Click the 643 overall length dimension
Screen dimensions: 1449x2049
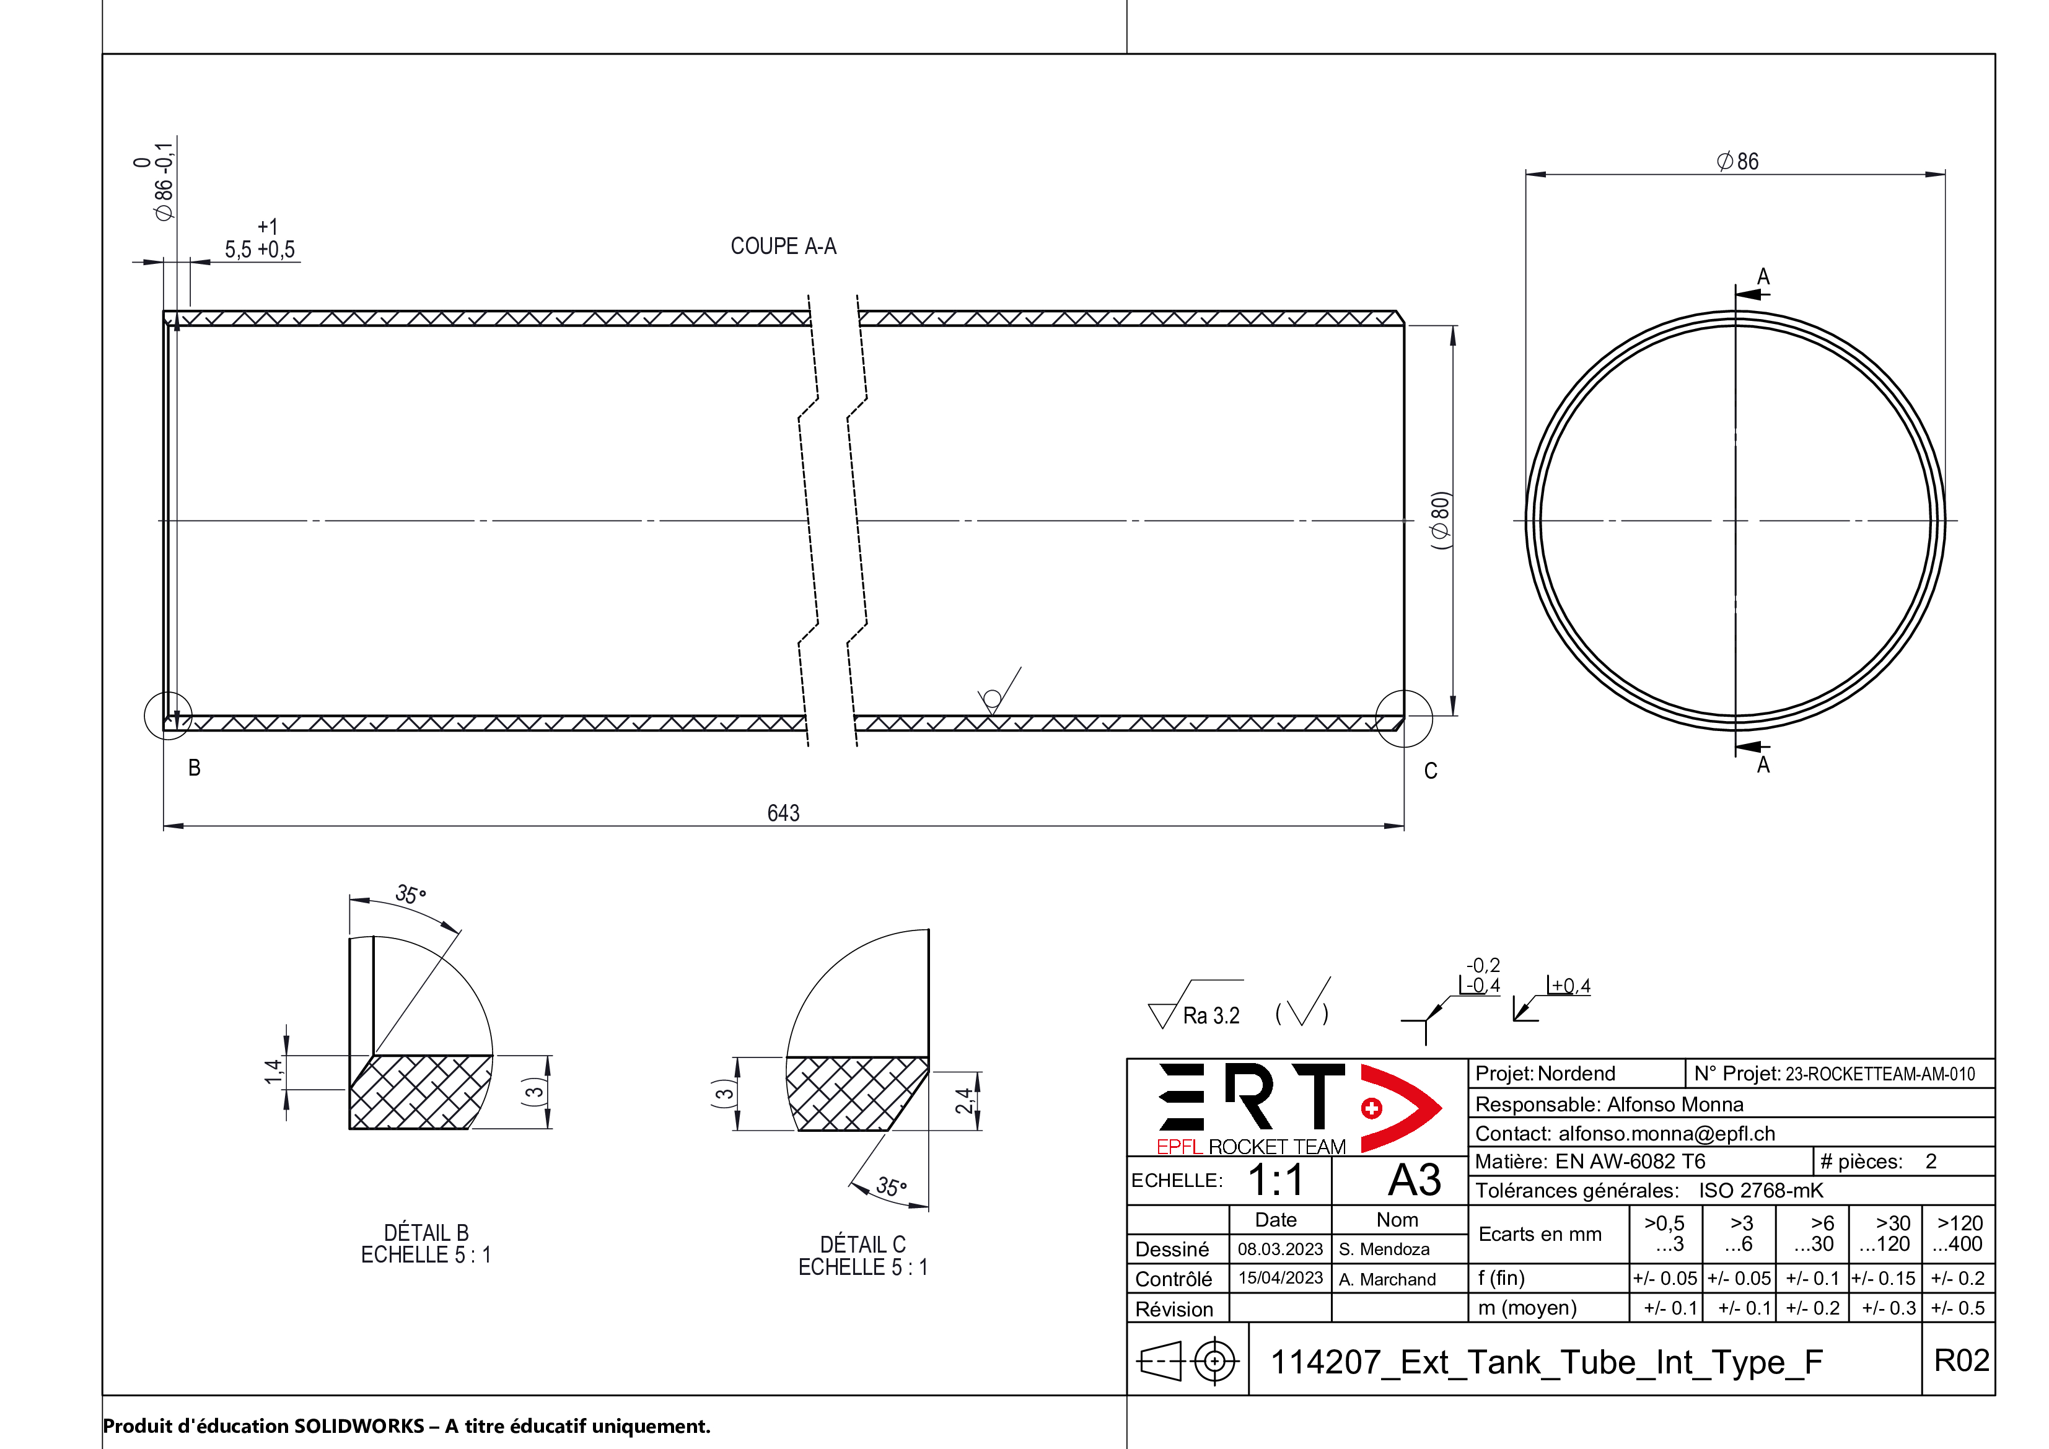click(783, 813)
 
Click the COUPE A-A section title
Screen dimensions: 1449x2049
click(783, 247)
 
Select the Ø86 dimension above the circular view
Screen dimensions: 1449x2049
click(1737, 162)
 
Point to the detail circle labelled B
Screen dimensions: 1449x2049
click(168, 716)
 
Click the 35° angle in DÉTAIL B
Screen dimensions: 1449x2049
click(411, 894)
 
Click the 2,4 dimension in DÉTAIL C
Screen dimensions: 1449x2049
click(964, 1101)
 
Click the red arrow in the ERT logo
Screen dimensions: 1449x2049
click(1401, 1107)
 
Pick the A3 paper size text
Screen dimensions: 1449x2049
click(1415, 1180)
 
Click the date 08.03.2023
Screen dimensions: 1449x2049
click(1279, 1249)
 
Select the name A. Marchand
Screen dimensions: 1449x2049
click(1387, 1279)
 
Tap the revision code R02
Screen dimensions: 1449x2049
click(1960, 1360)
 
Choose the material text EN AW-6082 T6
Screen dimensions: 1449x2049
click(1630, 1162)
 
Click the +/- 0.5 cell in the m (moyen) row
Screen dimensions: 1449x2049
click(1957, 1308)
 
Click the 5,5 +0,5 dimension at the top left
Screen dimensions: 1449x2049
click(259, 249)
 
